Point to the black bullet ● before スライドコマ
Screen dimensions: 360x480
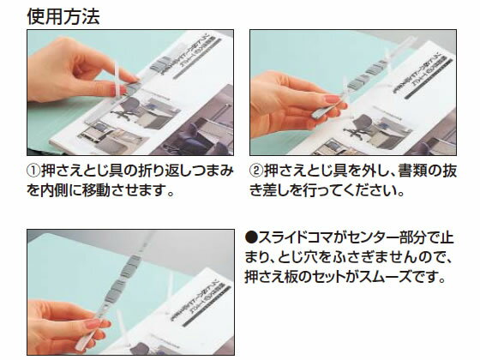click(x=251, y=237)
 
